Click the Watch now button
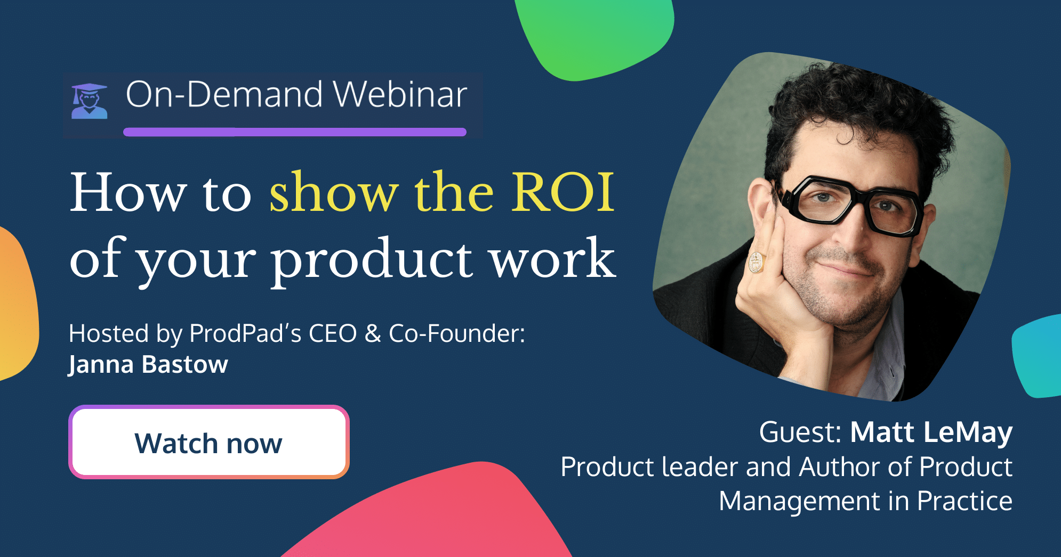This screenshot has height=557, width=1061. coord(208,442)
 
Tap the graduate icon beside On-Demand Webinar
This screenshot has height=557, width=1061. coord(90,101)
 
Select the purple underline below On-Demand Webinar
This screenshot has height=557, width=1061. coord(295,132)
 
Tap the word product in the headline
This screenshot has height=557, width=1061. coord(372,259)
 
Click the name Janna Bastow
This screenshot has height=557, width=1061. coord(148,365)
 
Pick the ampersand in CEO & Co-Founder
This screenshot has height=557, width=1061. coord(373,334)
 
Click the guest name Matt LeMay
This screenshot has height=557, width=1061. coord(931,432)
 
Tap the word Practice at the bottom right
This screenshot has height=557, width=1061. coord(964,501)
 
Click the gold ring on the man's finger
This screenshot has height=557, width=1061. coord(757,261)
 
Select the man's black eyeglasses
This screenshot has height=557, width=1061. coord(848,205)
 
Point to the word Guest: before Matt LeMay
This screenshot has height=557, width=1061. coord(800,432)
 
